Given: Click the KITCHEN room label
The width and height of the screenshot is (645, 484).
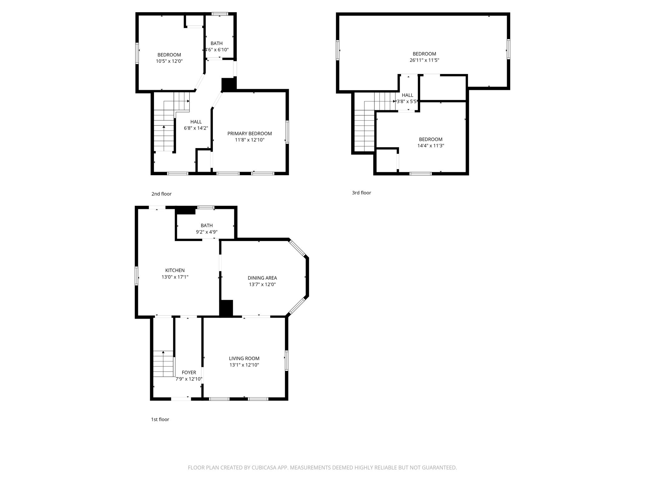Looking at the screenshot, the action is [x=175, y=270].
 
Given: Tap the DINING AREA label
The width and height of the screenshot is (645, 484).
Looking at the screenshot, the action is [x=262, y=278].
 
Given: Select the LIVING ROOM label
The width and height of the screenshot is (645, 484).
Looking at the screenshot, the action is [x=244, y=358].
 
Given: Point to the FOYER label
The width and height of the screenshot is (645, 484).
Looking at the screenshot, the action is [x=189, y=372].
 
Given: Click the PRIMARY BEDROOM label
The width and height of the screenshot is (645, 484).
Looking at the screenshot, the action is [x=250, y=134].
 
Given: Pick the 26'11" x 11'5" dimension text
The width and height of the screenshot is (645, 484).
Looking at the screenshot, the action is [x=424, y=60].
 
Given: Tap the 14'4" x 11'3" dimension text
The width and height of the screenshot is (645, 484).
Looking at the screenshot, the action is [x=431, y=146].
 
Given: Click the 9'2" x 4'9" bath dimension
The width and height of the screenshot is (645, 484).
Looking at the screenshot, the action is [x=207, y=232].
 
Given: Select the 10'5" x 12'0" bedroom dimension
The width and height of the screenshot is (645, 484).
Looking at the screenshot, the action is [x=169, y=61].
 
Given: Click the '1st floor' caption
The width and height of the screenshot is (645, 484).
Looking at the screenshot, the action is [x=160, y=419].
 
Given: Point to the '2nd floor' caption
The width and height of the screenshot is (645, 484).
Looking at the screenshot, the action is [x=162, y=194].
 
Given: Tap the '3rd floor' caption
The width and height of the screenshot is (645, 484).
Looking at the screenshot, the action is [x=362, y=193].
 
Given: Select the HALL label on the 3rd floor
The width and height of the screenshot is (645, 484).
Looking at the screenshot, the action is [x=408, y=95].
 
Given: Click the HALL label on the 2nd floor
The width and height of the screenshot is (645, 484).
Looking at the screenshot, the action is [x=196, y=122].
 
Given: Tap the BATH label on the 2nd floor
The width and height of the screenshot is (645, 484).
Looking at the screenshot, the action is [x=216, y=43].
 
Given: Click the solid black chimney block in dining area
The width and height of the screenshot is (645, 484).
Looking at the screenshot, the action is [x=226, y=308].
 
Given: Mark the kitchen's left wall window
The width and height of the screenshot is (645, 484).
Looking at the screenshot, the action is [x=137, y=276].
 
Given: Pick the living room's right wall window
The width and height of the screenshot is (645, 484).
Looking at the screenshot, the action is [x=287, y=360].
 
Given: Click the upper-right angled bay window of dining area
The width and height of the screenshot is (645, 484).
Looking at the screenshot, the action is [x=297, y=248].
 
